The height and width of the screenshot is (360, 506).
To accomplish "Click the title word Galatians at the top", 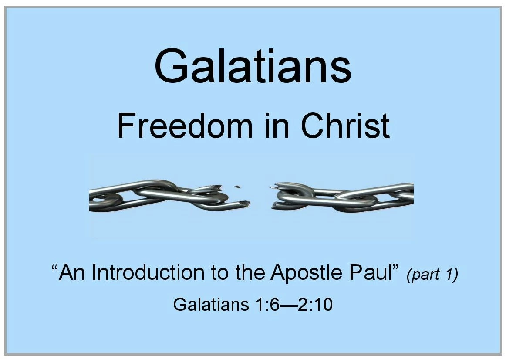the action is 253,66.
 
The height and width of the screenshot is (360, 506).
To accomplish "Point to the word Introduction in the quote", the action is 148,272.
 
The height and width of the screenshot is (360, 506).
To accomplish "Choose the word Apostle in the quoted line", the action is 307,273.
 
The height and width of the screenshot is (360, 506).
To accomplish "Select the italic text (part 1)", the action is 432,274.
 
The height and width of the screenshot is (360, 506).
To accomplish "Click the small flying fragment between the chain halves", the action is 238,187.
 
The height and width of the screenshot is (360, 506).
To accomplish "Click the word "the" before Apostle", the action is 250,272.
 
